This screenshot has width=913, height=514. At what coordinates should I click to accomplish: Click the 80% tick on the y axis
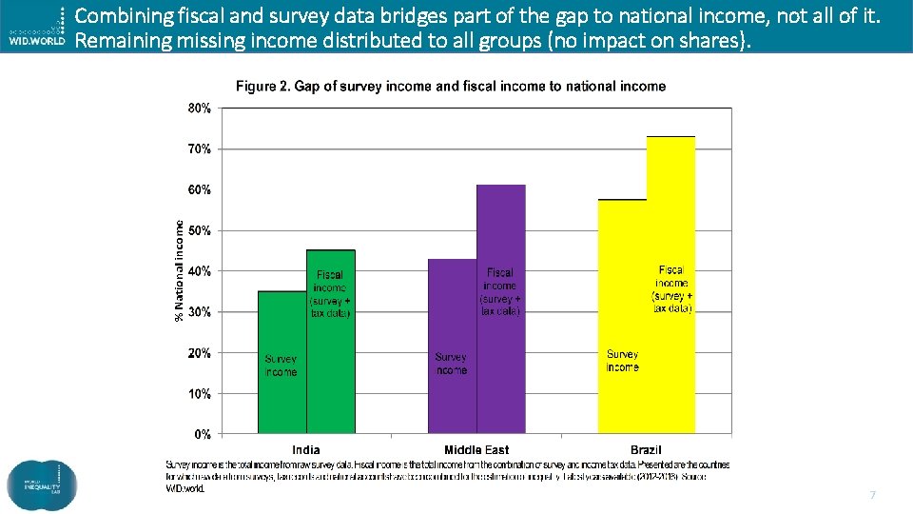[x=199, y=109]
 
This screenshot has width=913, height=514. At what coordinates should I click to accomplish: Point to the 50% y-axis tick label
[x=199, y=230]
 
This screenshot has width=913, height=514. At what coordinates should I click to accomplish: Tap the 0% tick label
[x=203, y=434]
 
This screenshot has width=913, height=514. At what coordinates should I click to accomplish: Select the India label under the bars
[x=306, y=449]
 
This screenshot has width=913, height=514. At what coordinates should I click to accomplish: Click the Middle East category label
[x=476, y=449]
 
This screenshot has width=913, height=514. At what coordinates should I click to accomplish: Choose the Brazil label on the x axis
[x=646, y=449]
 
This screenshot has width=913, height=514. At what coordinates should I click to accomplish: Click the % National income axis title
[x=179, y=270]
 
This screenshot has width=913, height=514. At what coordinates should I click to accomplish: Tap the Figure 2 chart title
[x=451, y=87]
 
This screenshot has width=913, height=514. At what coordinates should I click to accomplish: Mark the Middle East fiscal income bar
[x=500, y=381]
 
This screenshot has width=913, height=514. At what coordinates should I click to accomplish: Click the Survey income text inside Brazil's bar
[x=622, y=361]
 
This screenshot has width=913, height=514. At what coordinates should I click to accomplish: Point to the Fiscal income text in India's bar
[x=330, y=281]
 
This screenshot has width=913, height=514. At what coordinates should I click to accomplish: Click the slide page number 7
[x=872, y=495]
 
